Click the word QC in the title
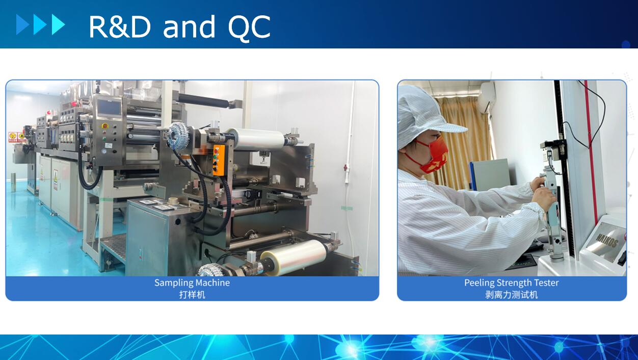(249, 28)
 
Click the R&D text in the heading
(120, 27)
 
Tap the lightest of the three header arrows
(59, 24)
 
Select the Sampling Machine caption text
(192, 282)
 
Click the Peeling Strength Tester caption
(511, 282)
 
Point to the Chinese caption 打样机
(192, 294)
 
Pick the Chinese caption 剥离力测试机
(511, 294)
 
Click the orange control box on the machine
(219, 160)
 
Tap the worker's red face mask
(435, 156)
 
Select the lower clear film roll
(294, 258)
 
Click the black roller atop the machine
(204, 100)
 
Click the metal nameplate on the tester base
(606, 242)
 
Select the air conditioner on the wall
(487, 97)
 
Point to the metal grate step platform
(113, 247)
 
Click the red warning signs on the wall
(17, 137)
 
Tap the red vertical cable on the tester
(591, 151)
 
